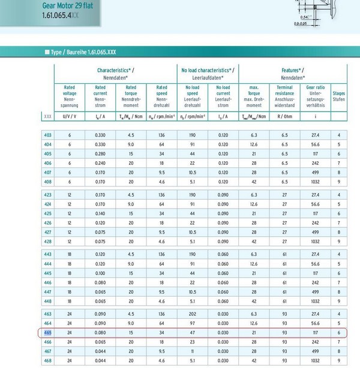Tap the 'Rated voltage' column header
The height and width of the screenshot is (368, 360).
pos(69,96)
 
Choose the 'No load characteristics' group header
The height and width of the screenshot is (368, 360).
pos(208,74)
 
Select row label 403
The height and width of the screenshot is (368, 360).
pos(48,135)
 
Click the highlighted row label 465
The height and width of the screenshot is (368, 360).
pos(48,333)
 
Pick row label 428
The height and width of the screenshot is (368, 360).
pos(48,242)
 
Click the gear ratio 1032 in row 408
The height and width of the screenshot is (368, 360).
pos(316,181)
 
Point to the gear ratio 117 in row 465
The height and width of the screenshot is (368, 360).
pos(316,333)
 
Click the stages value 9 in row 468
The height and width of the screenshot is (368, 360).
pos(339,361)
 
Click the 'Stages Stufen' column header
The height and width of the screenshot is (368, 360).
pos(339,96)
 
